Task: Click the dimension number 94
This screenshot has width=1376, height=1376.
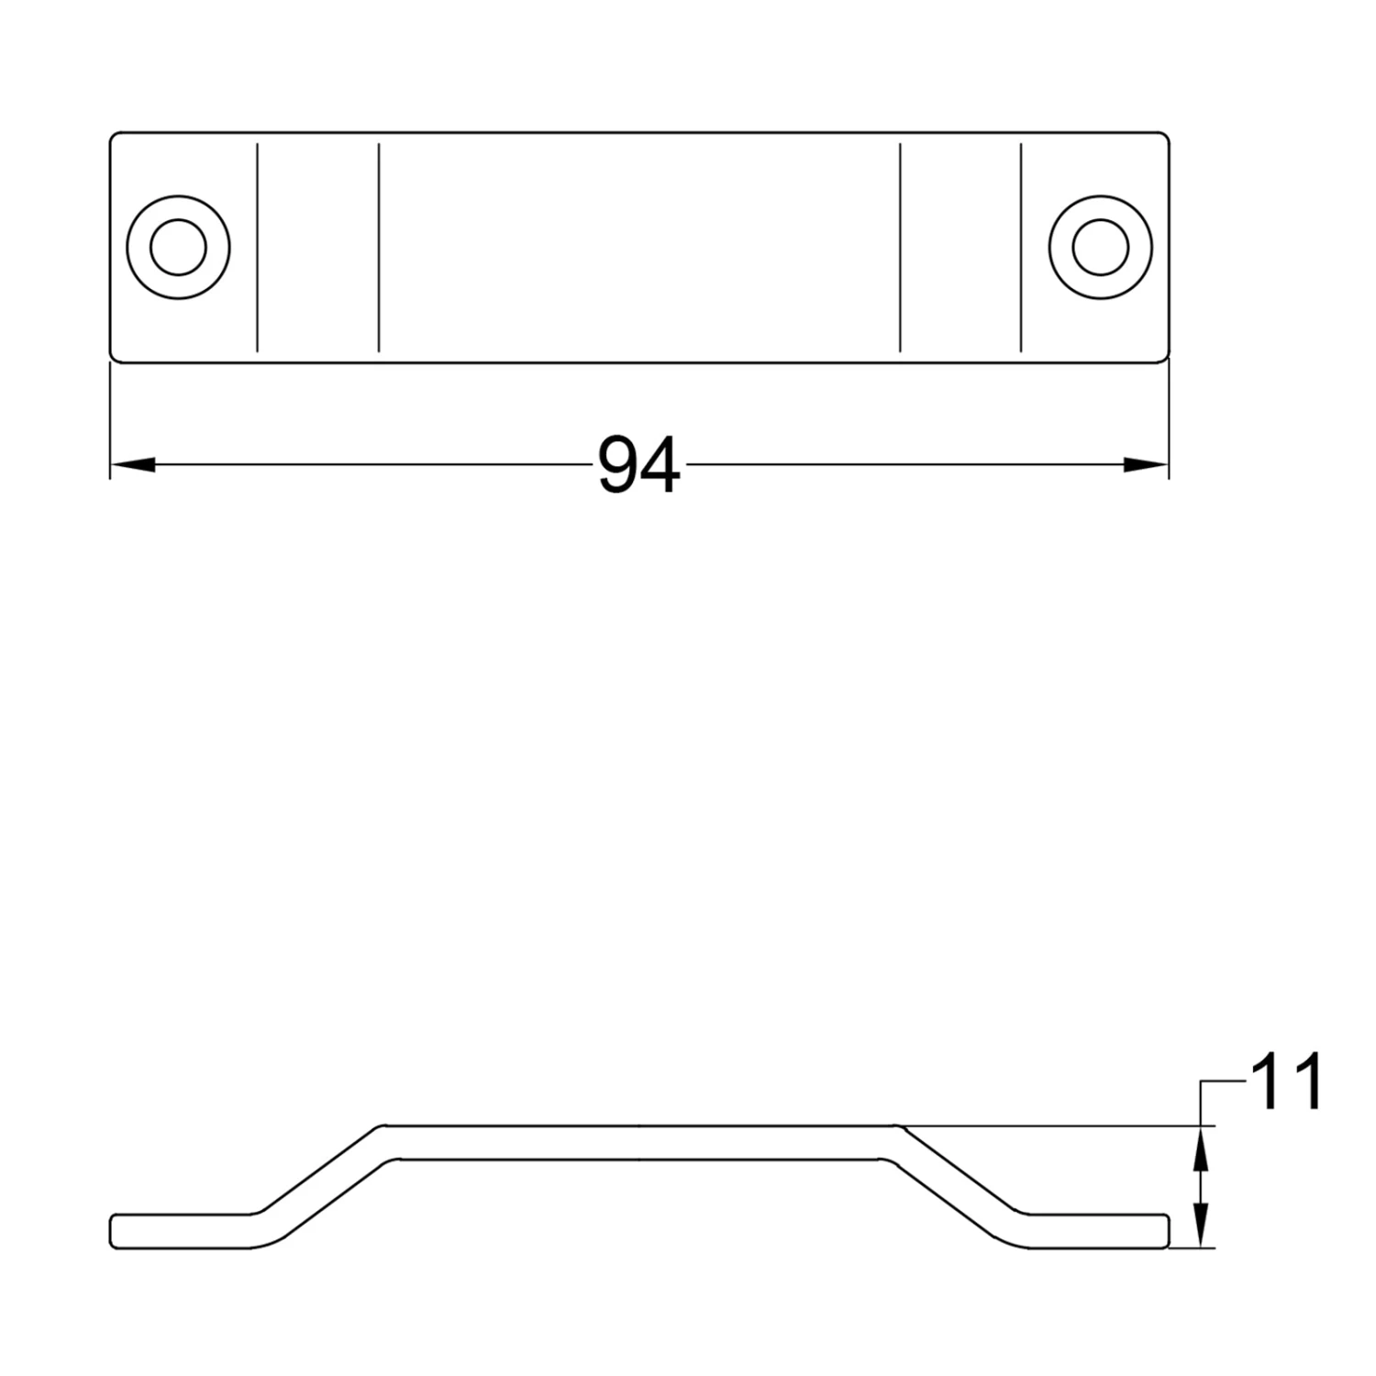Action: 639,466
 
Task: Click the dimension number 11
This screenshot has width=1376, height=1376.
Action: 1286,1082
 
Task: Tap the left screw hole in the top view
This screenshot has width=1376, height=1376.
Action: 178,247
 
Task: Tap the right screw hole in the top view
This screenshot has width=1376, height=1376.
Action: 1100,247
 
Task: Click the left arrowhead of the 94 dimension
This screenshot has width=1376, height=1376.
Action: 132,466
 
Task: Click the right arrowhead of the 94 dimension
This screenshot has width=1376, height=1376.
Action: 1147,466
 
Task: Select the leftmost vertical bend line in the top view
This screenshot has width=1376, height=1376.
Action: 258,247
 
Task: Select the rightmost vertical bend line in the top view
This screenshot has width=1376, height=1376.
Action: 1021,247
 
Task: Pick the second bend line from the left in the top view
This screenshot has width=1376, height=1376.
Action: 379,247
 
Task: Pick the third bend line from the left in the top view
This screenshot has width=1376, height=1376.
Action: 901,247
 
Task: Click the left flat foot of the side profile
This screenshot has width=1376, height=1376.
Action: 179,1231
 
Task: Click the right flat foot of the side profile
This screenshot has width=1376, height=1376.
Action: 1096,1231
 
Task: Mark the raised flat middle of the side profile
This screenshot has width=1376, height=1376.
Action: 639,1142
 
